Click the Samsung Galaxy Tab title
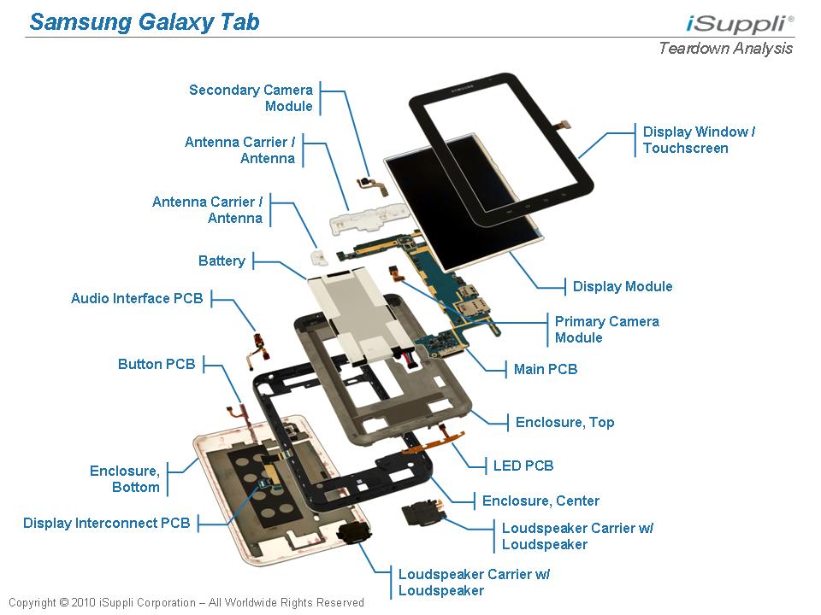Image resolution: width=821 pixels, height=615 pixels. [144, 21]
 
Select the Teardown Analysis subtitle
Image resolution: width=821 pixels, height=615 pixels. [725, 48]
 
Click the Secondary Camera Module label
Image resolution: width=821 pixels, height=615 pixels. [251, 98]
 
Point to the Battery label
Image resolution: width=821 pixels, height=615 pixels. [221, 261]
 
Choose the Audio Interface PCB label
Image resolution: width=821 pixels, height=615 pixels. [137, 299]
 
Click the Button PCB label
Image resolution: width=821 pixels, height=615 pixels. [157, 364]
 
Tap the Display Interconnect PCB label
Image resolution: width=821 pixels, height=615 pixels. [107, 523]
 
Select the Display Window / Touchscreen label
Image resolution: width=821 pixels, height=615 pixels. [699, 140]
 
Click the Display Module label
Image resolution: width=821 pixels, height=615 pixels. [623, 286]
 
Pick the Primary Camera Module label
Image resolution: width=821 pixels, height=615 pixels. [606, 330]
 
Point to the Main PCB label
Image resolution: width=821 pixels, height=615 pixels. [545, 369]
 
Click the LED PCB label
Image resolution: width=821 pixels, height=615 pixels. [523, 466]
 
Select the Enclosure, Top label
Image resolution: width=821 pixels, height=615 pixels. [564, 422]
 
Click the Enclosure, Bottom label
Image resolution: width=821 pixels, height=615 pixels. [125, 479]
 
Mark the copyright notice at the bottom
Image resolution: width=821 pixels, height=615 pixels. [186, 602]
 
